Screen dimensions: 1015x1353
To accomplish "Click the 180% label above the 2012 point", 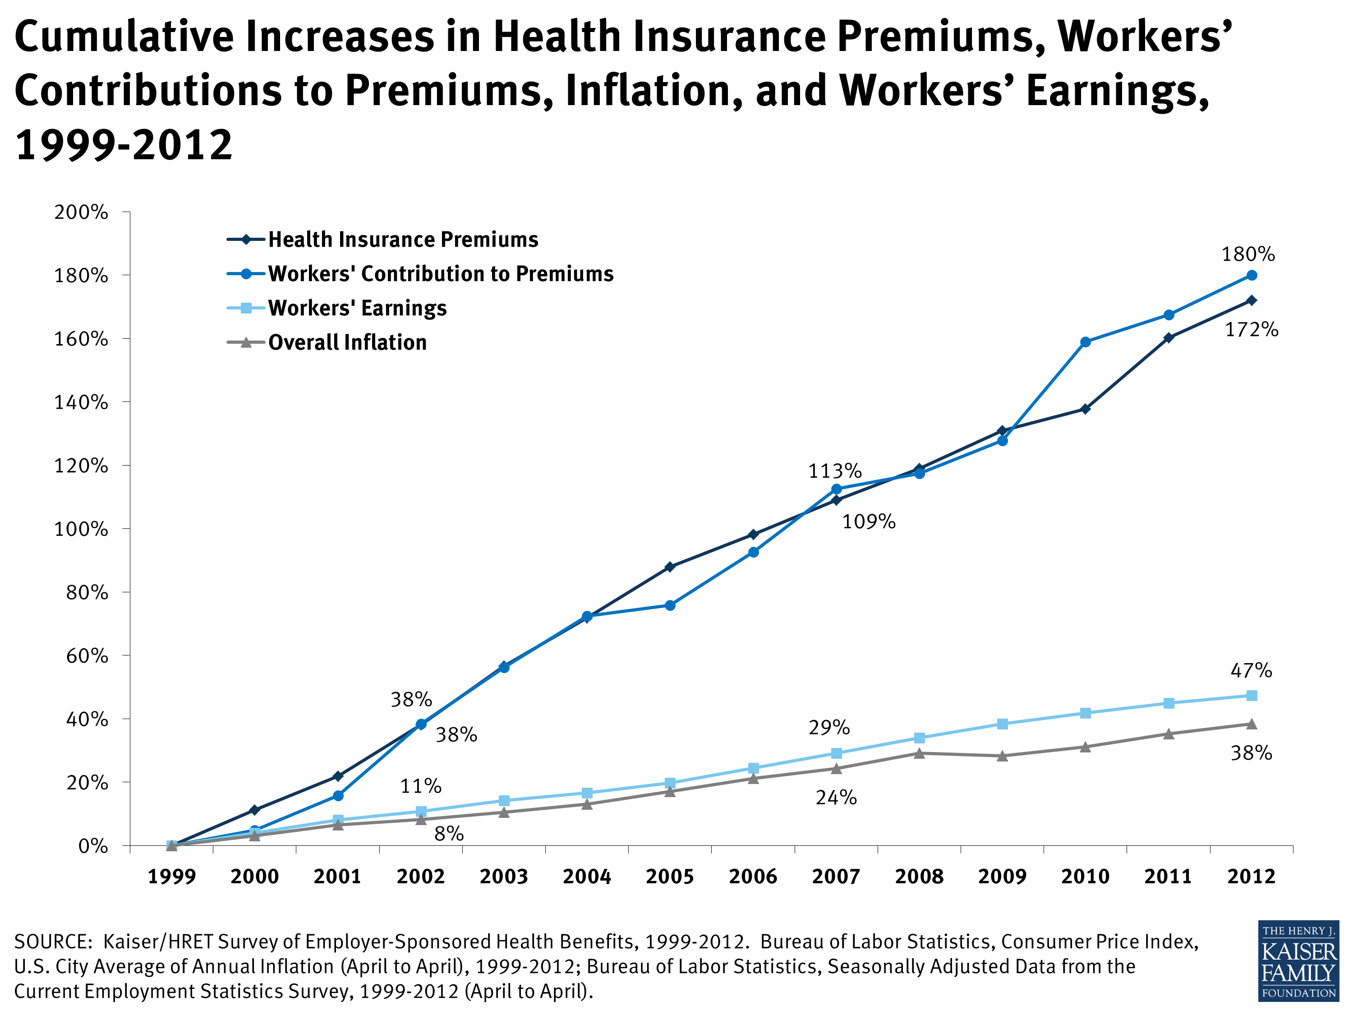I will pyautogui.click(x=1248, y=254).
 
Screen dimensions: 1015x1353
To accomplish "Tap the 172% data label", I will pyautogui.click(x=1252, y=330).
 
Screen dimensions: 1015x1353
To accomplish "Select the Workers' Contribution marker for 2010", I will pyautogui.click(x=1086, y=342).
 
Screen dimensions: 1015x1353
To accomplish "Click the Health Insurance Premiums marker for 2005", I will pyautogui.click(x=670, y=567).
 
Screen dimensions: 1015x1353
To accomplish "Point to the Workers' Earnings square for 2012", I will pyautogui.click(x=1252, y=696).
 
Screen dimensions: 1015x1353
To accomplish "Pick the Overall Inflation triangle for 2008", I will pyautogui.click(x=919, y=753).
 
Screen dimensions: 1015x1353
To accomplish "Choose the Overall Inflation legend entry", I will pyautogui.click(x=347, y=342).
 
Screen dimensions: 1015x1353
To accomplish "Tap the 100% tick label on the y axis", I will pyautogui.click(x=81, y=529).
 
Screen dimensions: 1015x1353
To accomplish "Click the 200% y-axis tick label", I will pyautogui.click(x=81, y=212).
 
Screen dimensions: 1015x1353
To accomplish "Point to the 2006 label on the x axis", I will pyautogui.click(x=753, y=876).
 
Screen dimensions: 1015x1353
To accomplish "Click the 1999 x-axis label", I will pyautogui.click(x=171, y=876).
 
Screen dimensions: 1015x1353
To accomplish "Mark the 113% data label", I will pyautogui.click(x=834, y=471).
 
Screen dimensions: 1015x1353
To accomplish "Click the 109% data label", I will pyautogui.click(x=869, y=521).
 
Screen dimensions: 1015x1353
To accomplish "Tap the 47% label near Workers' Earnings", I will pyautogui.click(x=1251, y=670).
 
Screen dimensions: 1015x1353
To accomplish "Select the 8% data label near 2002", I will pyautogui.click(x=448, y=833).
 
